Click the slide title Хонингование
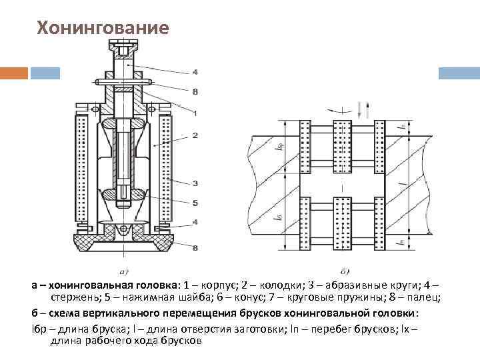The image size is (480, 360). [x=103, y=29]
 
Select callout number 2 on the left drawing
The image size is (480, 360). [x=195, y=135]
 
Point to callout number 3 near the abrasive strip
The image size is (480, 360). [x=195, y=182]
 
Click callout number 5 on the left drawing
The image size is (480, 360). [x=195, y=202]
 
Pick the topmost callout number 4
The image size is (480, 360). [x=195, y=71]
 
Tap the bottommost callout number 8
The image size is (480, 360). [x=195, y=249]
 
